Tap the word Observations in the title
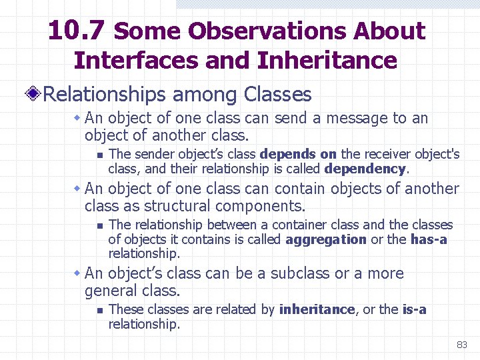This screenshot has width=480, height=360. [x=267, y=31]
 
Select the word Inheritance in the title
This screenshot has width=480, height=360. [x=327, y=61]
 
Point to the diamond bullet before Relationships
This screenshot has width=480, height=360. [x=34, y=95]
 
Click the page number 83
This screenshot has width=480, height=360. [x=461, y=345]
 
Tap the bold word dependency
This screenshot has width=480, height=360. [x=365, y=169]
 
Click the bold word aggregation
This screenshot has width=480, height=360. [x=326, y=239]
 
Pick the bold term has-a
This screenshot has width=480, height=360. [x=429, y=239]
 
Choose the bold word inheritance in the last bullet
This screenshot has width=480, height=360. [x=317, y=309]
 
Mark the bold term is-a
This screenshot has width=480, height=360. [x=414, y=309]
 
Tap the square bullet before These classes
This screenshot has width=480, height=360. [x=98, y=310]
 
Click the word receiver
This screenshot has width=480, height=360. [x=389, y=155]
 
